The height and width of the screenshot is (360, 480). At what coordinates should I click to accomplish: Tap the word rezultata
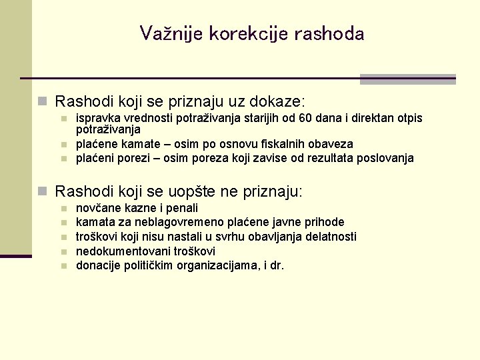pyautogui.click(x=330, y=158)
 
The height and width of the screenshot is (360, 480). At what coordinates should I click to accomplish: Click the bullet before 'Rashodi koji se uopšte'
pyautogui.click(x=43, y=192)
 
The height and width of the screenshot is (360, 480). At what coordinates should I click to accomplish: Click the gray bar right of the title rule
pyautogui.click(x=407, y=79)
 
